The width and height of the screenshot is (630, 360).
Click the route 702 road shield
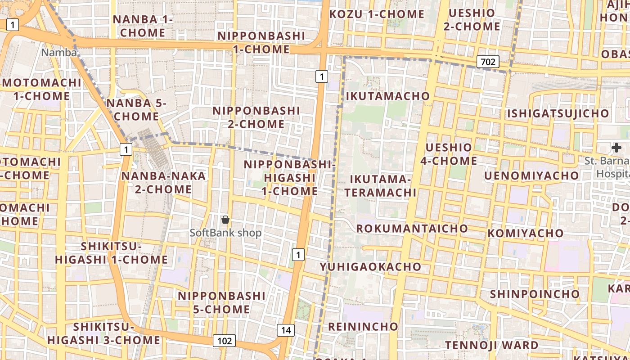point(488,62)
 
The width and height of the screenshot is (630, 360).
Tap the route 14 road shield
point(286,330)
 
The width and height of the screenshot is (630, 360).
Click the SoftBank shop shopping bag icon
point(225,220)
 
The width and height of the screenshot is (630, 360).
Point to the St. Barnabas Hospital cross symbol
point(616,148)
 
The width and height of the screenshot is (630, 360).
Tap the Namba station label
point(59,53)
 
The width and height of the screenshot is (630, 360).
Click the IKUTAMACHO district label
point(387,96)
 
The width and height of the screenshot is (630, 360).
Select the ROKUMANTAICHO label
point(412,228)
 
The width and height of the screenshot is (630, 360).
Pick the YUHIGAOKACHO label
point(370,266)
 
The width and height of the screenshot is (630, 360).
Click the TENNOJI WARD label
point(491,345)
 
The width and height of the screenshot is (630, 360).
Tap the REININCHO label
point(363,326)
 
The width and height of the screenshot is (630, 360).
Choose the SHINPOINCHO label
point(535,294)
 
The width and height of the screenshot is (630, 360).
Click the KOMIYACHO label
point(525,233)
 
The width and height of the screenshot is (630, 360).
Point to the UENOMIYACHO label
point(531,175)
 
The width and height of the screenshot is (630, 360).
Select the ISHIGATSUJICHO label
point(558,113)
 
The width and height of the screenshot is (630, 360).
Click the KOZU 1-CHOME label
point(377,14)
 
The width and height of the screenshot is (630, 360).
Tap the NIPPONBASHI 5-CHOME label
point(221,302)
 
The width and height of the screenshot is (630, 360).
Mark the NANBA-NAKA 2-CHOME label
point(163,182)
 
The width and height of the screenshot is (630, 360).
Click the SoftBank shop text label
point(225,233)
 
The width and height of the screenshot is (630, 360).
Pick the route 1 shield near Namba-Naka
point(126,149)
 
